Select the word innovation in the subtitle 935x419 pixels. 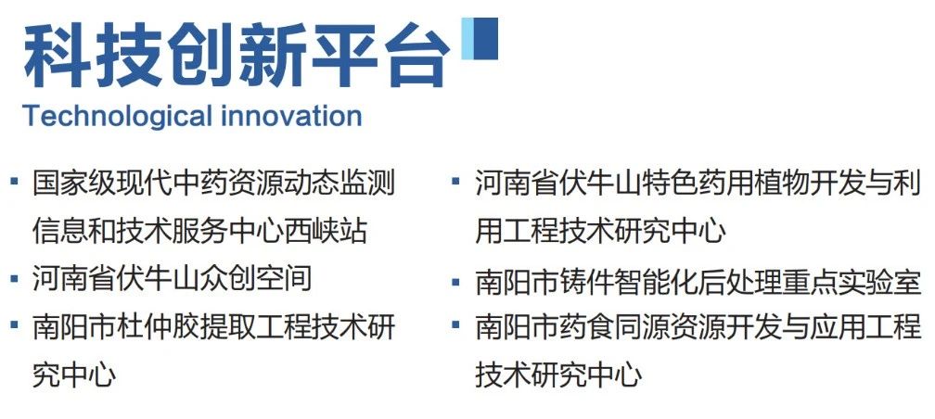tap(291, 116)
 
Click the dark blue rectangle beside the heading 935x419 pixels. tap(486, 39)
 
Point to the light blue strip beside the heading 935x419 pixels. tap(467, 39)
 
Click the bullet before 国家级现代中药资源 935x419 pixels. tap(14, 180)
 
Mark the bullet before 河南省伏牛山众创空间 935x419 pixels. tap(14, 277)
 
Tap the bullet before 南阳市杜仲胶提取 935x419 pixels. tap(14, 324)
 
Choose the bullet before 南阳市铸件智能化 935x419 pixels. tap(456, 281)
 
